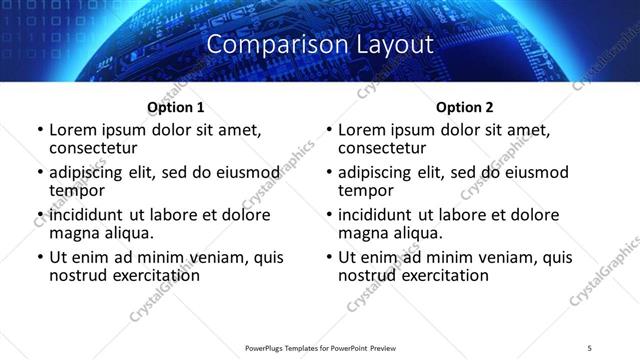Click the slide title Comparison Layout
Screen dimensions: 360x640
320,45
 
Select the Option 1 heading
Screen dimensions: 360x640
176,107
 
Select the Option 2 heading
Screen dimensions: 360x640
465,107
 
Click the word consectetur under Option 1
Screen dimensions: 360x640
93,148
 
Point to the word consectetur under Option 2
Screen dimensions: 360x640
382,148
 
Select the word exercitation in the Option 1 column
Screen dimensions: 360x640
152,274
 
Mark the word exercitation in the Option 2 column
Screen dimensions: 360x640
441,274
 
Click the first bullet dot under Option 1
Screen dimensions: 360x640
40,131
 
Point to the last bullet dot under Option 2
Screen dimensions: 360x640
329,257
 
